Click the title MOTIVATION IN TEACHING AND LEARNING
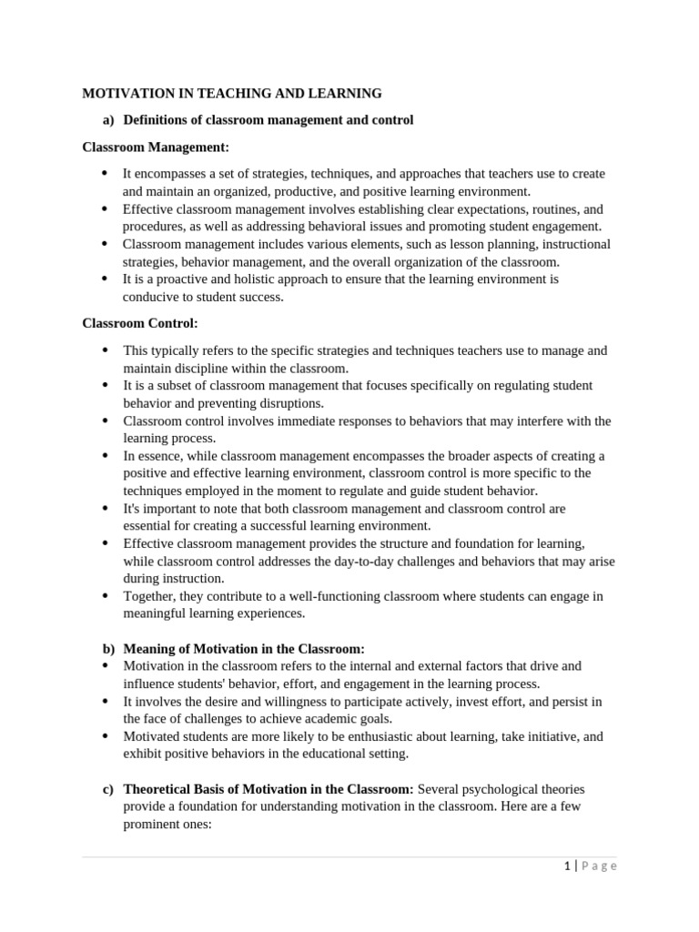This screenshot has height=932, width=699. [232, 93]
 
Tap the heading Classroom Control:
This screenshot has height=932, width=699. [140, 323]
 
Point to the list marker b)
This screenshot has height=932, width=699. [108, 649]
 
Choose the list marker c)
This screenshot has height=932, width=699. [108, 789]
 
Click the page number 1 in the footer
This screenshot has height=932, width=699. [566, 866]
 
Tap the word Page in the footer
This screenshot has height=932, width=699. [598, 866]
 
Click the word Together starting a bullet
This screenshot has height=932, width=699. [152, 596]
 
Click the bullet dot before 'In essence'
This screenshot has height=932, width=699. [104, 456]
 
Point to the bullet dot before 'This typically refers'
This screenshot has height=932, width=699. [104, 350]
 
